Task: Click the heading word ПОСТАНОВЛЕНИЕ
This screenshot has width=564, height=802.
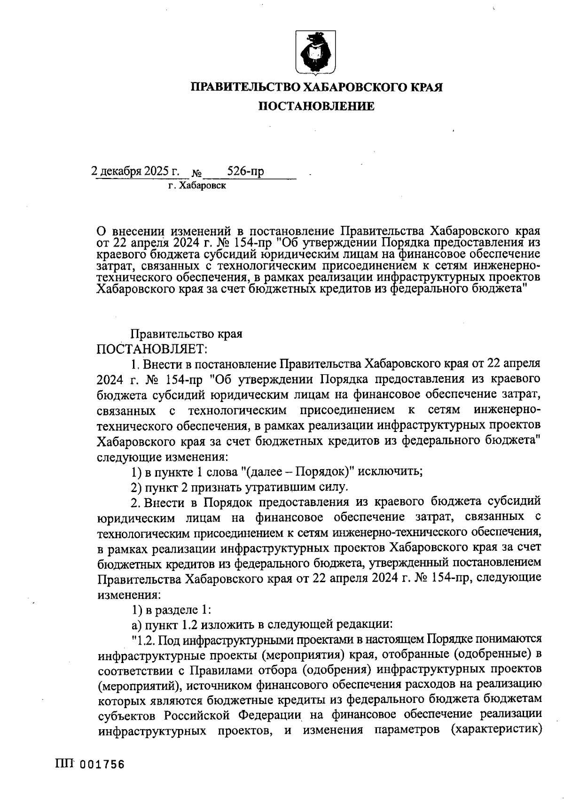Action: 318,107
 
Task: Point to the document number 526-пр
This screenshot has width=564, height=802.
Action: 245,171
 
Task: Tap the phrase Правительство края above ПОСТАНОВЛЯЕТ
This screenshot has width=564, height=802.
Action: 186,334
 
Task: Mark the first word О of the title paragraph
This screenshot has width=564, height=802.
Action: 101,232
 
